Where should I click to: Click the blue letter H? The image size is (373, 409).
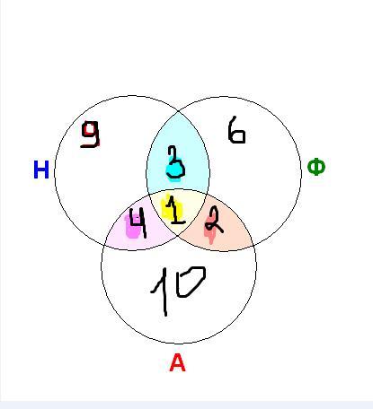41,170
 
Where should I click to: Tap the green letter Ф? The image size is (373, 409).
316,168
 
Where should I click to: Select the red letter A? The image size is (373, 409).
177,362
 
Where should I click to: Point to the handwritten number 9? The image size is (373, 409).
90,135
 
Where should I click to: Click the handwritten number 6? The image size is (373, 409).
236,130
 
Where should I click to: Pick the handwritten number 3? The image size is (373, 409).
175,163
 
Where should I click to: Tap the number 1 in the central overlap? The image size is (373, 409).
174,210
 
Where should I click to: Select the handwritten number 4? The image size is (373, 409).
138,222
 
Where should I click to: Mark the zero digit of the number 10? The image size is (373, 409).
191,282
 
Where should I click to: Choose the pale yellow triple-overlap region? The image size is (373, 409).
178,209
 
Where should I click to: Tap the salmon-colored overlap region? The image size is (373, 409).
227,236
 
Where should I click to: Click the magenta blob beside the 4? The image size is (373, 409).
133,227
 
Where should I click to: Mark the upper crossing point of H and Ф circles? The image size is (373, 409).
178,111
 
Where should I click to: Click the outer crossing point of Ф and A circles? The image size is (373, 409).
253,246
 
